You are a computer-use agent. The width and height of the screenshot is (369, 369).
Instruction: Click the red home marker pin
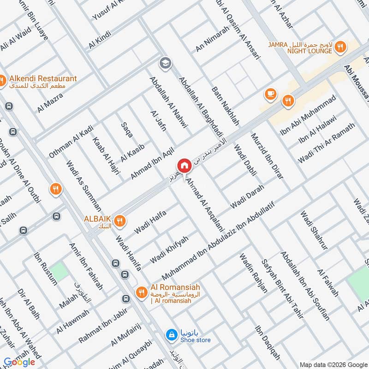(184, 166)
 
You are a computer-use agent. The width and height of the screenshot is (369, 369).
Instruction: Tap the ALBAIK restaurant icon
(119, 221)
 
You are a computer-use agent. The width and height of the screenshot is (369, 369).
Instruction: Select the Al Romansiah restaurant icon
(141, 292)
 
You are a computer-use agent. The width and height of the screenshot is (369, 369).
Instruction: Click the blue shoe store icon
(171, 334)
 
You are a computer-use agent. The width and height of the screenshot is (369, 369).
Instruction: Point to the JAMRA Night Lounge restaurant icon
(340, 46)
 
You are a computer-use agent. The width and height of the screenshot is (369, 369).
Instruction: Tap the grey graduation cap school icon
(164, 62)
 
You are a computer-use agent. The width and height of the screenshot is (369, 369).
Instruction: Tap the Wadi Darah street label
(247, 196)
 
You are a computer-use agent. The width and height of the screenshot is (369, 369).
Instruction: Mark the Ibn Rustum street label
(45, 268)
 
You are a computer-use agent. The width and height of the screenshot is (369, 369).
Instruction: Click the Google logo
(19, 362)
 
